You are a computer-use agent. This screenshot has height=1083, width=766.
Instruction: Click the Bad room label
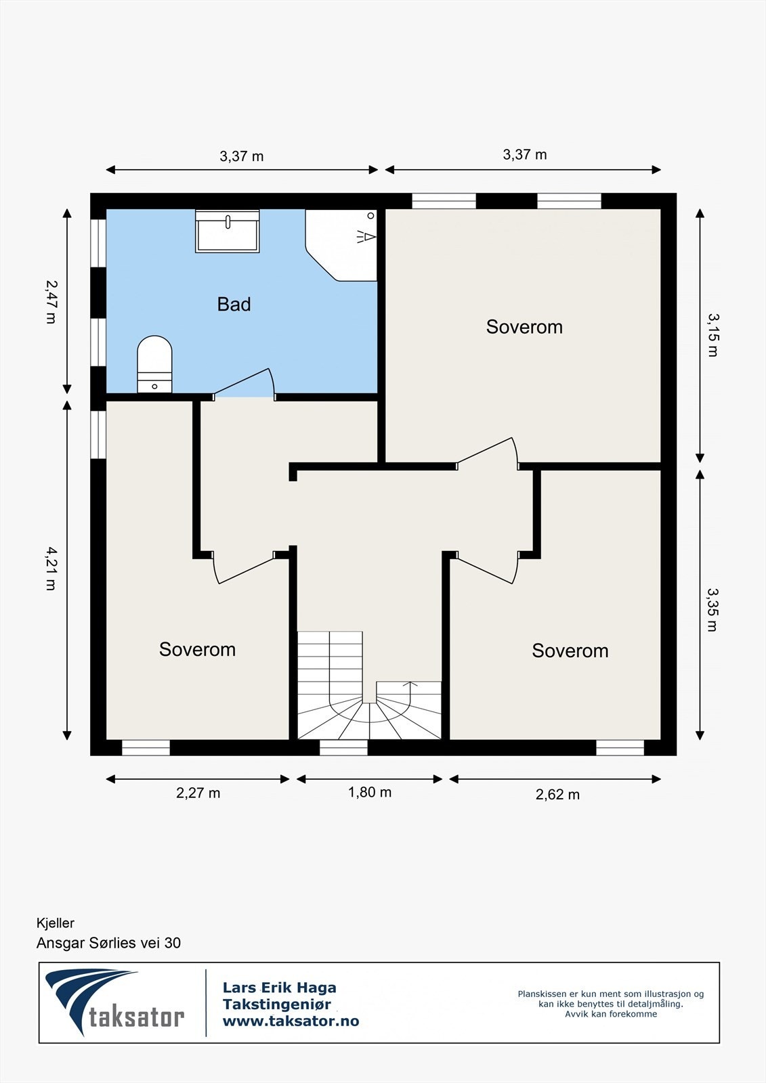pyautogui.click(x=234, y=304)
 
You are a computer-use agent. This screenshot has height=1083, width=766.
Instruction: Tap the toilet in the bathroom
pyautogui.click(x=154, y=364)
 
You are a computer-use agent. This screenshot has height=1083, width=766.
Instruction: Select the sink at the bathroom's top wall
pyautogui.click(x=228, y=231)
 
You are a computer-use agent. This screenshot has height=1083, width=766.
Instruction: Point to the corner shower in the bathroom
pyautogui.click(x=341, y=244)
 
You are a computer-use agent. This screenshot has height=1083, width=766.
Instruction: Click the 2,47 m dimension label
pyautogui.click(x=51, y=302)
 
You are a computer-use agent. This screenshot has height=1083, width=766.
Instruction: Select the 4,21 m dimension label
pyautogui.click(x=51, y=569)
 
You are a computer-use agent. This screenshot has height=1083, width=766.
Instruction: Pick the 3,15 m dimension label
pyautogui.click(x=713, y=334)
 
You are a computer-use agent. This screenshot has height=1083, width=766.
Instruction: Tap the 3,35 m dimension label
pyautogui.click(x=713, y=610)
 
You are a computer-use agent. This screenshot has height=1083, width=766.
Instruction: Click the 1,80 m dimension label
pyautogui.click(x=370, y=793)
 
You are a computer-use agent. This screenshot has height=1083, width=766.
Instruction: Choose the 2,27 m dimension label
pyautogui.click(x=198, y=793)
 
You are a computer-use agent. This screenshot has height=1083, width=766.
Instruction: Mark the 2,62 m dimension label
pyautogui.click(x=557, y=795)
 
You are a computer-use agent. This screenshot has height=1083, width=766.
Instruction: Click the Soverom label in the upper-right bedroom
pyautogui.click(x=524, y=327)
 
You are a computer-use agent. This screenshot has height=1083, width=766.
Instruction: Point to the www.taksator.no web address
pyautogui.click(x=291, y=1021)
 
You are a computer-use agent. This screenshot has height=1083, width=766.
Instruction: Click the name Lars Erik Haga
pyautogui.click(x=279, y=988)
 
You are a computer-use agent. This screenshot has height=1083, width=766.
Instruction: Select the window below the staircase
pyautogui.click(x=343, y=747)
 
